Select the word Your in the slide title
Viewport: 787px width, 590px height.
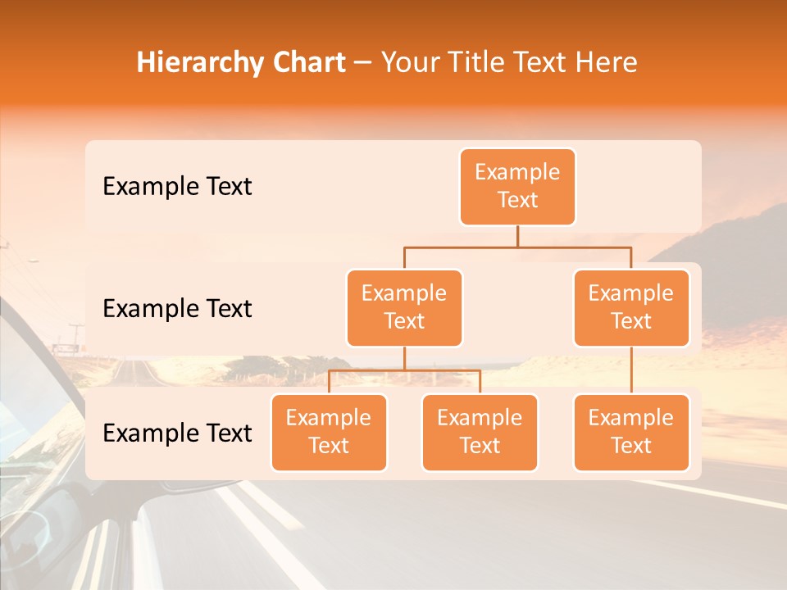click(x=409, y=62)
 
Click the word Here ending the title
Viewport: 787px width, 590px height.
click(x=606, y=62)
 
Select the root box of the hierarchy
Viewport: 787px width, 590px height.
click(x=517, y=187)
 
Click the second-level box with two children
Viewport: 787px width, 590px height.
click(x=404, y=308)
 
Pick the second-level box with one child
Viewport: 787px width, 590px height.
click(x=631, y=308)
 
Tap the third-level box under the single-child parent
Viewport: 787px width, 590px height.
click(x=631, y=433)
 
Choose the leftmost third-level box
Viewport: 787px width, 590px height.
click(x=329, y=433)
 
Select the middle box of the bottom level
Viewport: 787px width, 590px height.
click(x=480, y=433)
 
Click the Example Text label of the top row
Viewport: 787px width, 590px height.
click(x=177, y=187)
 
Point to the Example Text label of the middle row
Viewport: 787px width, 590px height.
click(x=177, y=309)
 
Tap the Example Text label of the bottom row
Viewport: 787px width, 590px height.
click(x=177, y=433)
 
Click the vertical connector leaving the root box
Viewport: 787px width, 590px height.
click(x=517, y=236)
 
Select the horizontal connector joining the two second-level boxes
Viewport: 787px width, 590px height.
click(x=517, y=246)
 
